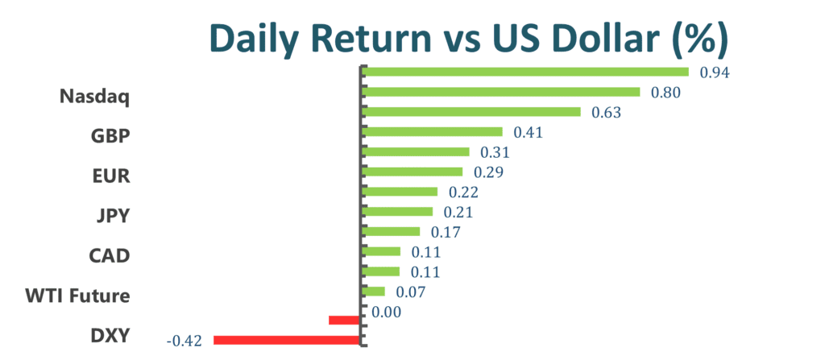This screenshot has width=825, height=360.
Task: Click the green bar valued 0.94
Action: pos(525,72)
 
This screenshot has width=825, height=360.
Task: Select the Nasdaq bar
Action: pos(501,92)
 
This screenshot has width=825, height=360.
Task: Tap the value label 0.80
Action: pos(665,93)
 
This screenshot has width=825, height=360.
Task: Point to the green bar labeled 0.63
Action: pos(471,112)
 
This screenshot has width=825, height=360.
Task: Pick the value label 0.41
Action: pos(528,133)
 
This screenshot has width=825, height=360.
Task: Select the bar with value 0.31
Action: pos(417,151)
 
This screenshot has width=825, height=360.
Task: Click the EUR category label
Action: pos(111,176)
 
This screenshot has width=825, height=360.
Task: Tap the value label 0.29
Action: pos(489,172)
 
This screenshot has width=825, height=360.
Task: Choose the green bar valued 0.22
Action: pos(400,192)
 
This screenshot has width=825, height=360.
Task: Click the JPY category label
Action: pos(113,216)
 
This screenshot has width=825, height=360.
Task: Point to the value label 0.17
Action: pos(445,232)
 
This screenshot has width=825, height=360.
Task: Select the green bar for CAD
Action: pos(381,251)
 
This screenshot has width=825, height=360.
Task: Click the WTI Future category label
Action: pos(78,296)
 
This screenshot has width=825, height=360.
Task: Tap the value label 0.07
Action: pos(410,292)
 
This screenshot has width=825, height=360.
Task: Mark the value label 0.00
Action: pos(386,312)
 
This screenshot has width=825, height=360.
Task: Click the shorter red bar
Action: pos(345,320)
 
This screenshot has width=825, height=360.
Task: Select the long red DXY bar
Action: pos(287,341)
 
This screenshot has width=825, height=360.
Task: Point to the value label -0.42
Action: pos(184,341)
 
